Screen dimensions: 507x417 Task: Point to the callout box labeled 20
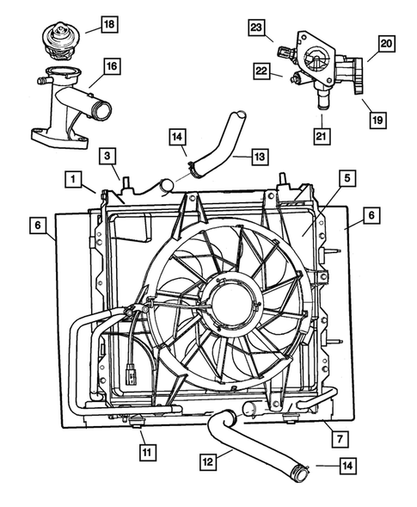pyautogui.click(x=385, y=42)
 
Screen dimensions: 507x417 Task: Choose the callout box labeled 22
pyautogui.click(x=261, y=71)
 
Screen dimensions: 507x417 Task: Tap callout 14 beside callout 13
pyautogui.click(x=176, y=135)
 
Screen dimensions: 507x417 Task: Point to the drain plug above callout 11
pyautogui.click(x=138, y=421)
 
